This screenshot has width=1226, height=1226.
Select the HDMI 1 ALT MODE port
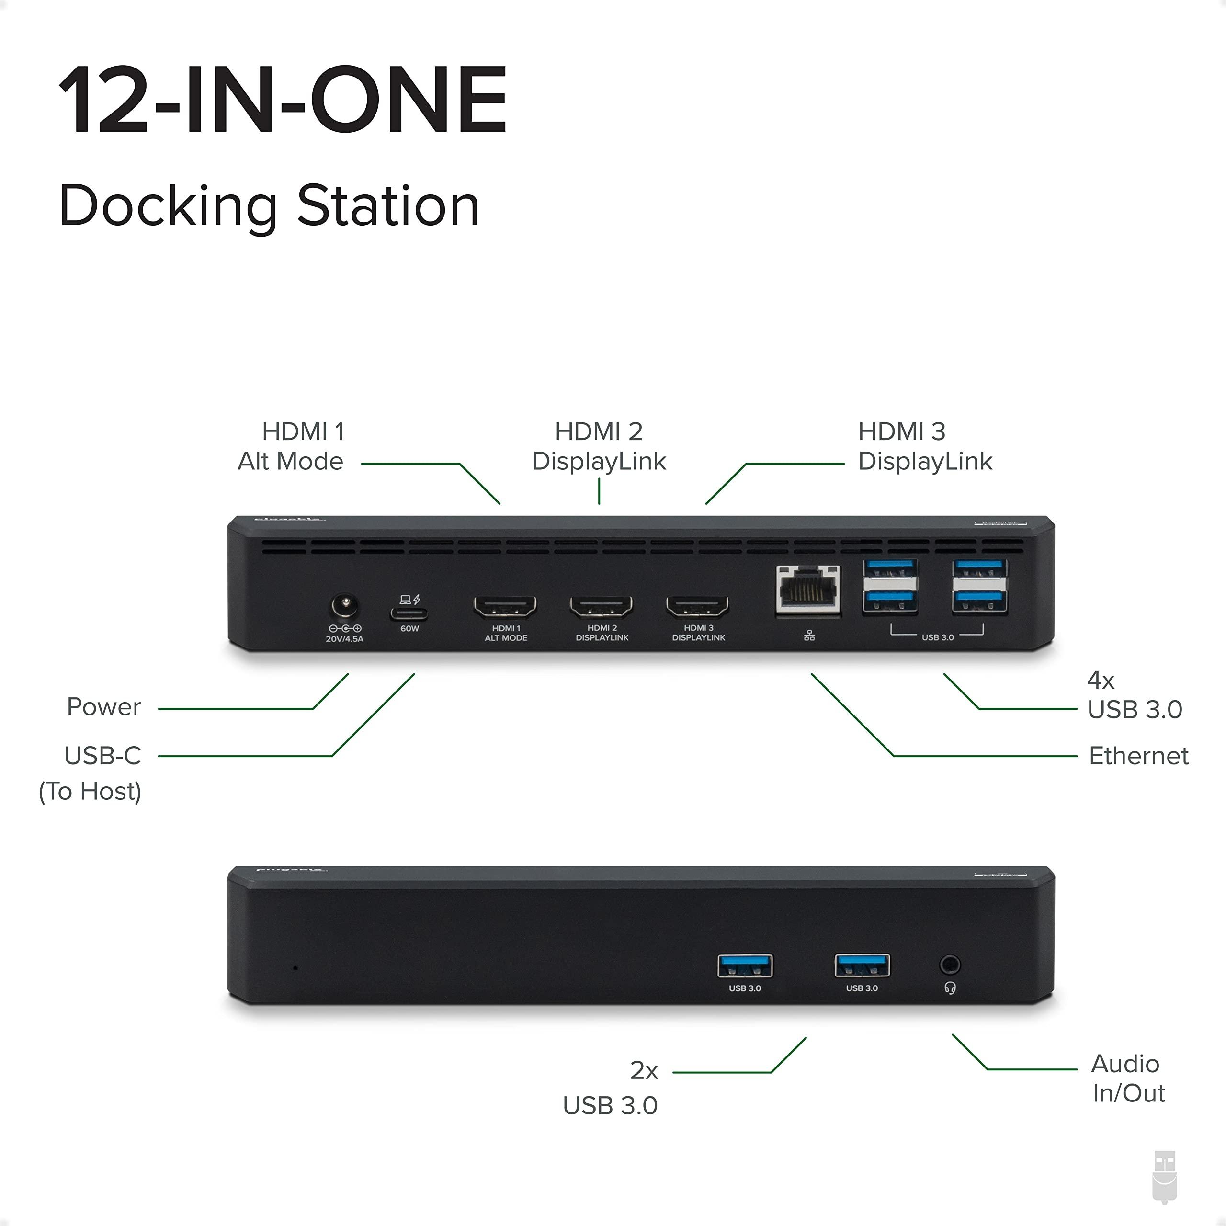click(x=505, y=607)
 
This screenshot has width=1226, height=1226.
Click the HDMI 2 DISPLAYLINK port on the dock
click(x=601, y=607)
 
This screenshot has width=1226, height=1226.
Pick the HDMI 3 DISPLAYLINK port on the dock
click(x=697, y=607)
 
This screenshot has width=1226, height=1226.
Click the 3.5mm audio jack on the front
click(x=949, y=965)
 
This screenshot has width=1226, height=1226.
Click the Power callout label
click(x=103, y=707)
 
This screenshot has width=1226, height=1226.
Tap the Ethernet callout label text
click(x=1138, y=756)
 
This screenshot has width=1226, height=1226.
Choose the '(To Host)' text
click(x=90, y=791)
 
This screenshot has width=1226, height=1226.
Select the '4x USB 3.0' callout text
click(x=1134, y=695)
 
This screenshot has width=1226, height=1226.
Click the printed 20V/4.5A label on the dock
click(x=345, y=639)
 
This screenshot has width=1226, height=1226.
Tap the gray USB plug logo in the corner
click(x=1164, y=1177)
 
